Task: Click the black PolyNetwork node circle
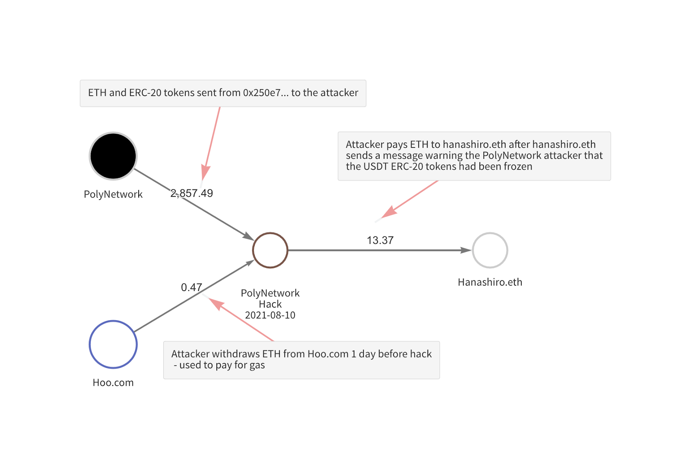pyautogui.click(x=113, y=156)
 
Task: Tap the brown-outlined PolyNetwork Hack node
pyautogui.click(x=270, y=233)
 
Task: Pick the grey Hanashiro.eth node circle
pyautogui.click(x=490, y=233)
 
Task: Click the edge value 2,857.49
pyautogui.click(x=192, y=193)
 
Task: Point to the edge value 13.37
pyautogui.click(x=380, y=240)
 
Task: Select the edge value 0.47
pyautogui.click(x=191, y=287)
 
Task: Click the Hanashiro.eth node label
pyautogui.click(x=490, y=282)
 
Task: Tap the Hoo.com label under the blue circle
pyautogui.click(x=113, y=383)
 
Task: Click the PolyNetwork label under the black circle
pyautogui.click(x=113, y=195)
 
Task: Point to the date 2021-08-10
pyautogui.click(x=270, y=315)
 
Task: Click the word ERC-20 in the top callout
pyautogui.click(x=145, y=93)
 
